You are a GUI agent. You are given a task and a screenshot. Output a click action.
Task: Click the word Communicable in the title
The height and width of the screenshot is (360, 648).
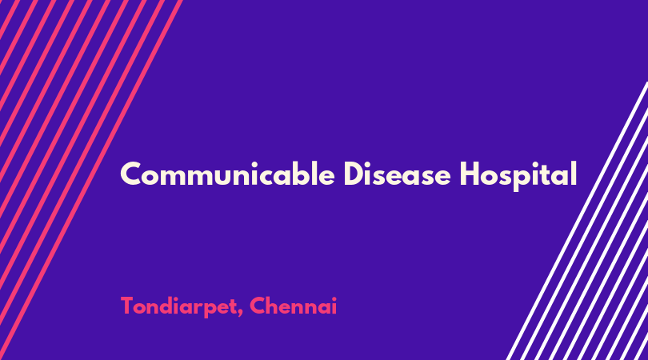point(227,174)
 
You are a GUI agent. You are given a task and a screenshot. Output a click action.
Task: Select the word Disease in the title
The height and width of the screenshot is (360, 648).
point(397,174)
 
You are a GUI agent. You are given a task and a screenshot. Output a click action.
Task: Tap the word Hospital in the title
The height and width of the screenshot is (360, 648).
point(518,176)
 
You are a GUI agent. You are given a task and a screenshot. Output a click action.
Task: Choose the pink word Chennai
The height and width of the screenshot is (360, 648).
point(293,306)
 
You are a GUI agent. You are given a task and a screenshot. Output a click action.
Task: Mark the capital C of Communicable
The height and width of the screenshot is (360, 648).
point(130,174)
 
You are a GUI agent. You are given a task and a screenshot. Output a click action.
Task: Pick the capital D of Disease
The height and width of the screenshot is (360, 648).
point(354,174)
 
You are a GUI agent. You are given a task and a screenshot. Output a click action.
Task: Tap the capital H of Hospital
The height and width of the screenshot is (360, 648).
point(470,174)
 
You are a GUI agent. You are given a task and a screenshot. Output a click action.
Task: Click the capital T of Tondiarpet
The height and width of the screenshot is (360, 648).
point(128,306)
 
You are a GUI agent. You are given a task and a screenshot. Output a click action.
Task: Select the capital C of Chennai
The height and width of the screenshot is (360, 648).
point(258,306)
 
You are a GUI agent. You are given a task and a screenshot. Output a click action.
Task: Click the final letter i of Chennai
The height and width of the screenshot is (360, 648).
point(334,306)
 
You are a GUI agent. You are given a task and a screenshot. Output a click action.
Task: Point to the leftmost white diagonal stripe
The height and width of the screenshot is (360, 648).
point(578,221)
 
